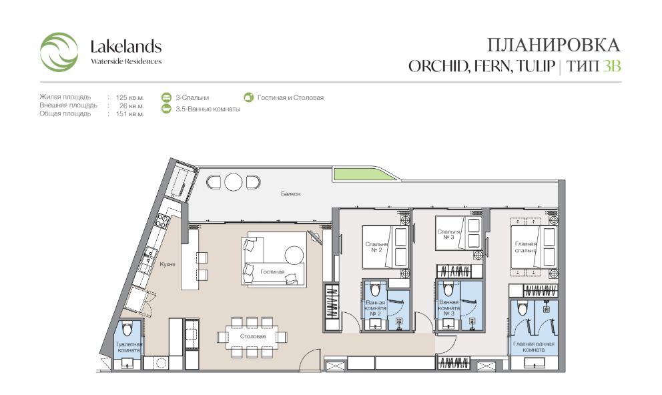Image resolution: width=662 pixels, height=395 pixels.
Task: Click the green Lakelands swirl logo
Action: [59, 52]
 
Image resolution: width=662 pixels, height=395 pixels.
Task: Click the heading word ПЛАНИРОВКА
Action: [553, 45]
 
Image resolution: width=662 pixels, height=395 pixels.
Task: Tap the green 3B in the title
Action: [612, 66]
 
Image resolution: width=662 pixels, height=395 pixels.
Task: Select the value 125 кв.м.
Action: [130, 97]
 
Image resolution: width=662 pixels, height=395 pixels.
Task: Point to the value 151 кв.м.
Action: [130, 114]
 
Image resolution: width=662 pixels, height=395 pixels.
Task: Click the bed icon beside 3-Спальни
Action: [166, 97]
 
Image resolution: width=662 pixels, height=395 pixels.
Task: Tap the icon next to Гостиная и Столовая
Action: [249, 97]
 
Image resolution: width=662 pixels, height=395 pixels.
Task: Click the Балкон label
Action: [291, 193]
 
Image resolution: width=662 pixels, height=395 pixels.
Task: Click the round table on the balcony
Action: [233, 182]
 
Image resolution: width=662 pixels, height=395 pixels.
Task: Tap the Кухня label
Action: [168, 264]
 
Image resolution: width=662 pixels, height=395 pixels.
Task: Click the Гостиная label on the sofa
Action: [272, 272]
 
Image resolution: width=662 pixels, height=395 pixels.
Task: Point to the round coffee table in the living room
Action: [294, 256]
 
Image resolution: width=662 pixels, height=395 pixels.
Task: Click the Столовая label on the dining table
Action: [253, 336]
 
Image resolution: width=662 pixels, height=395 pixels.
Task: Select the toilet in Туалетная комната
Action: [127, 329]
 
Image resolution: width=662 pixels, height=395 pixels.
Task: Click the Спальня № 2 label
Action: [376, 247]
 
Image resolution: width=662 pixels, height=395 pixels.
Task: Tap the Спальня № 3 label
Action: [448, 234]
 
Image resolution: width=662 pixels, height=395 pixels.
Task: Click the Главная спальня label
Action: [526, 247]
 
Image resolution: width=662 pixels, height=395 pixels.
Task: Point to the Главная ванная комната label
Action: [534, 347]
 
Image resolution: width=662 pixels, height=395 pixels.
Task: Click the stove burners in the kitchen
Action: [162, 221]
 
